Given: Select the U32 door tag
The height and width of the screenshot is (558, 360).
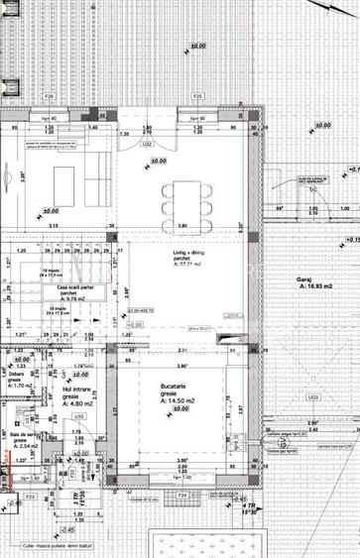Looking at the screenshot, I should click(146, 145).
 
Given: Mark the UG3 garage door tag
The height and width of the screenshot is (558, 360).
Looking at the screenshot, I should click(313, 396).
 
